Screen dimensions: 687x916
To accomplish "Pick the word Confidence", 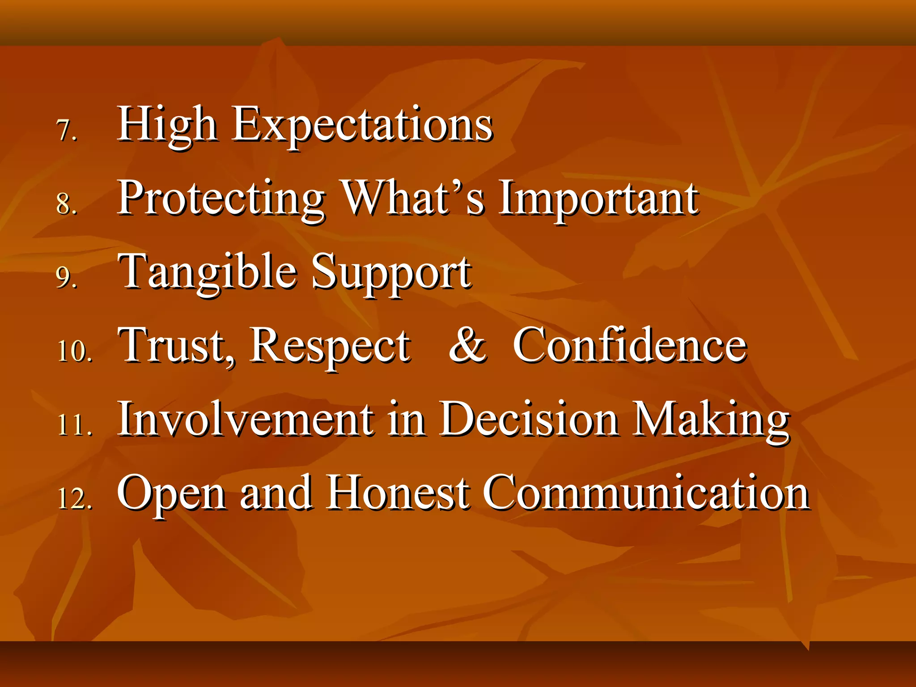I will (x=630, y=345).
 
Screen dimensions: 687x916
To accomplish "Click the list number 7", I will (x=67, y=131).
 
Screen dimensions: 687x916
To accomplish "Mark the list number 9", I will (x=67, y=277).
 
